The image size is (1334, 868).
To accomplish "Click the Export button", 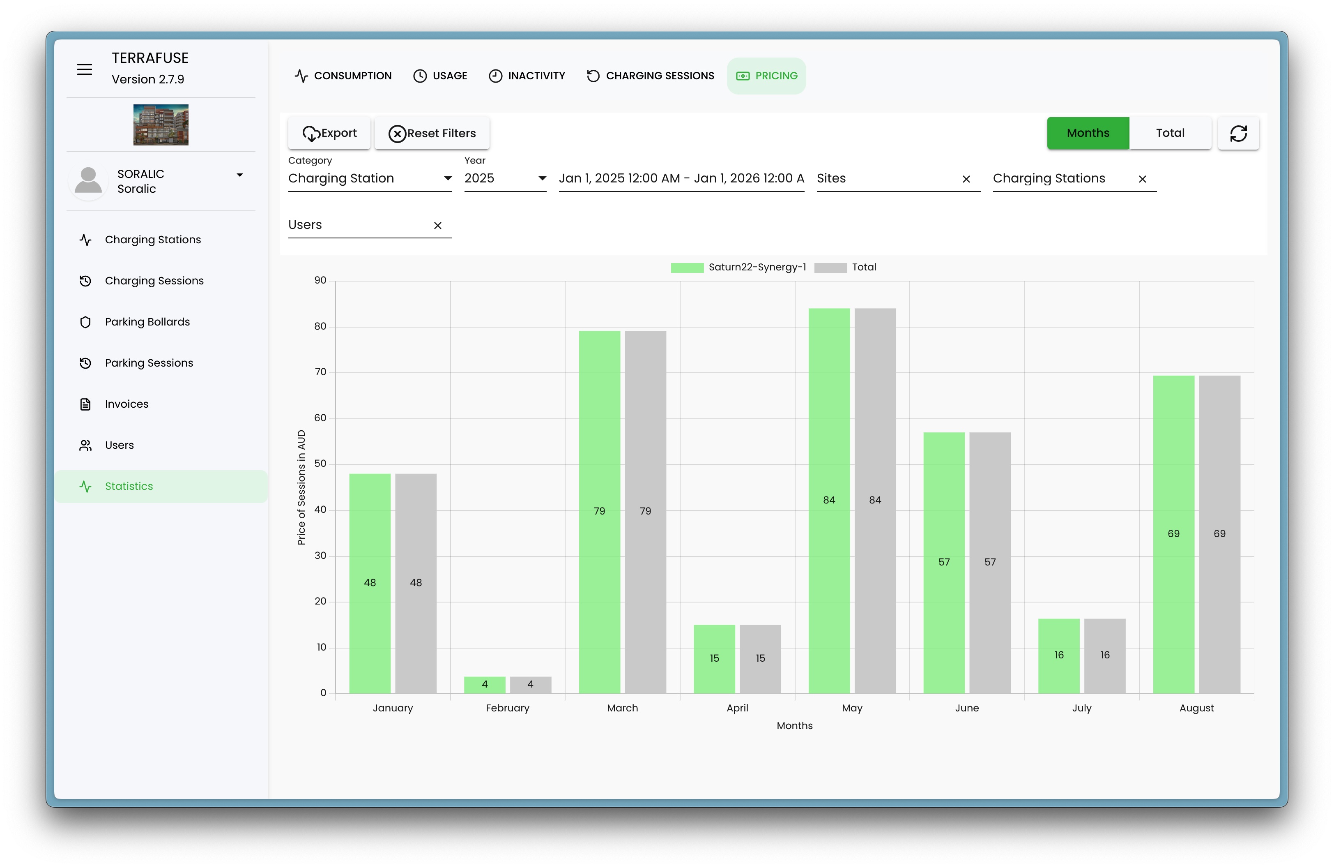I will tap(329, 134).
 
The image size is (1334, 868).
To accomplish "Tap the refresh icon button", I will tap(1238, 134).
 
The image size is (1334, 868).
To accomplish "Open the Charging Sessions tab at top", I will tap(650, 76).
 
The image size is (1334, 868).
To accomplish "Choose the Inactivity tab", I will tap(527, 76).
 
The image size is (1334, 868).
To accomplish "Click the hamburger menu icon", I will tap(85, 69).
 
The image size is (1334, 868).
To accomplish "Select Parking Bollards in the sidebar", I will tap(147, 322).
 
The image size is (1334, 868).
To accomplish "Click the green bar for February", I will tap(484, 685).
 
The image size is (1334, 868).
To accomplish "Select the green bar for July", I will tap(1059, 656).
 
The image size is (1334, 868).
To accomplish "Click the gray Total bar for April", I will tap(760, 658).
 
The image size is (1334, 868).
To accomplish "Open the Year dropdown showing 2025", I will tap(504, 178).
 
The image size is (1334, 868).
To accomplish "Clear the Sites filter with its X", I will tap(966, 180).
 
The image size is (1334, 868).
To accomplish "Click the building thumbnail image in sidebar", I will tap(161, 125).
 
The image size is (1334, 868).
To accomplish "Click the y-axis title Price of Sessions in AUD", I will tap(301, 487).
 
